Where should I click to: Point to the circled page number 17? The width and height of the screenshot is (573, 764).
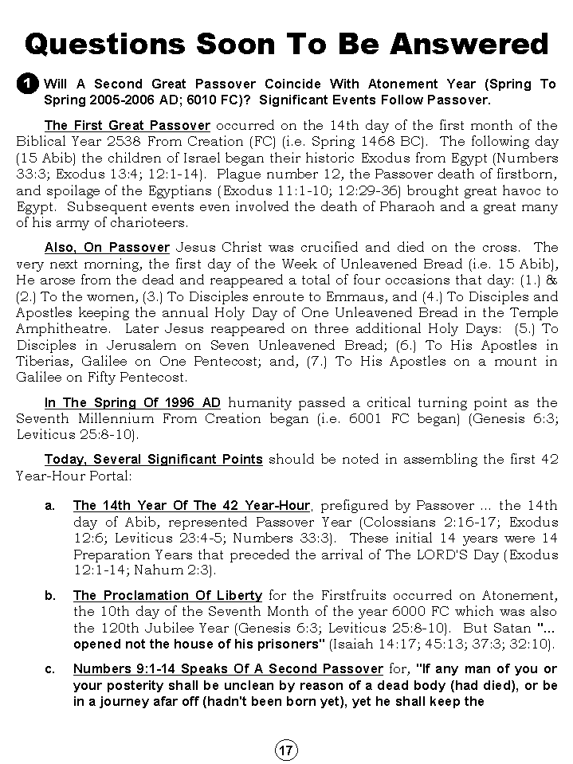click(286, 750)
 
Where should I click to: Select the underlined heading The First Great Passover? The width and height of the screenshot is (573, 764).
click(128, 125)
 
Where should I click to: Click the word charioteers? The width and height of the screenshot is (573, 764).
click(147, 224)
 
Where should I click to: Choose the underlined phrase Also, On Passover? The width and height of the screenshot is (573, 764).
click(107, 248)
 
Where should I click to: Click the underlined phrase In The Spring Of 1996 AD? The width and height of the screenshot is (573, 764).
click(132, 402)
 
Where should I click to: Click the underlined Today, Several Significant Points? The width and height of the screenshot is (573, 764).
click(153, 459)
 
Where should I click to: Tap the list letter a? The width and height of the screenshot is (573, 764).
click(49, 506)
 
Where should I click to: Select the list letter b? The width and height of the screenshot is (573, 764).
click(49, 595)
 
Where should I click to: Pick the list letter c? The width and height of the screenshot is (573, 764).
click(49, 668)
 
